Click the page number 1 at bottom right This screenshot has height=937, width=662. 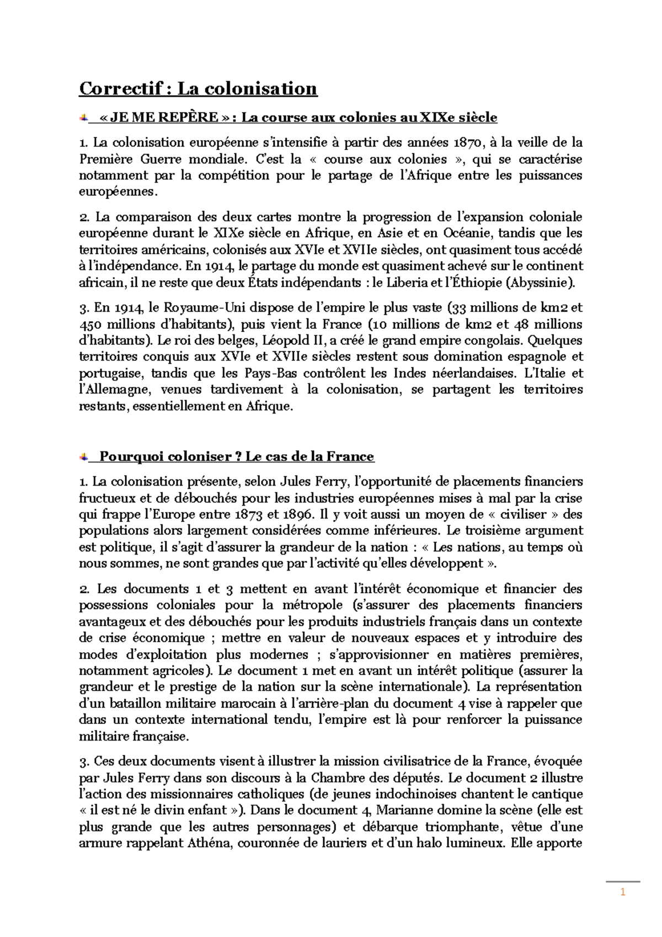point(622,894)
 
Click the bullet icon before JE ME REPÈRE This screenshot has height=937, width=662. point(83,117)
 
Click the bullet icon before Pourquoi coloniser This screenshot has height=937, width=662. point(83,456)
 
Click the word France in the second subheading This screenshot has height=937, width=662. point(350,456)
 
